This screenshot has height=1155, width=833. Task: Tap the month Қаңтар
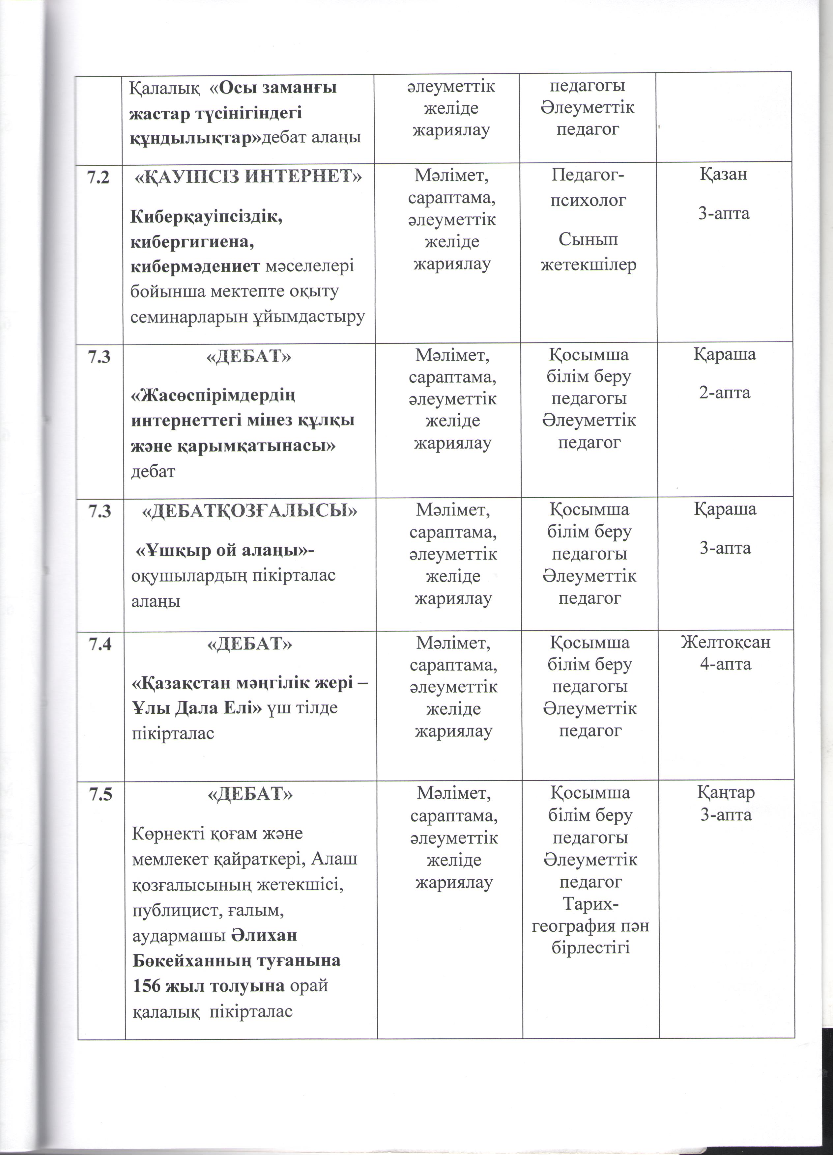(x=726, y=792)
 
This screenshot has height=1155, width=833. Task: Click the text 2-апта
(x=725, y=393)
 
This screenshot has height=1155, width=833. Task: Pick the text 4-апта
(x=726, y=664)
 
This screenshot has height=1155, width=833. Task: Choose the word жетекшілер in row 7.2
(x=589, y=265)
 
